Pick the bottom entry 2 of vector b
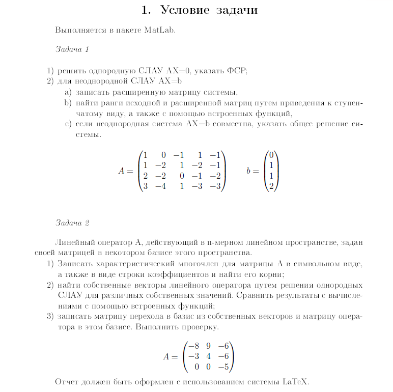272,186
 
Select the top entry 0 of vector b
272,155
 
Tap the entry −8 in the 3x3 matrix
193,346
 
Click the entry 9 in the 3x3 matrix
209,346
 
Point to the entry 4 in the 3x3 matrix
209,356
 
